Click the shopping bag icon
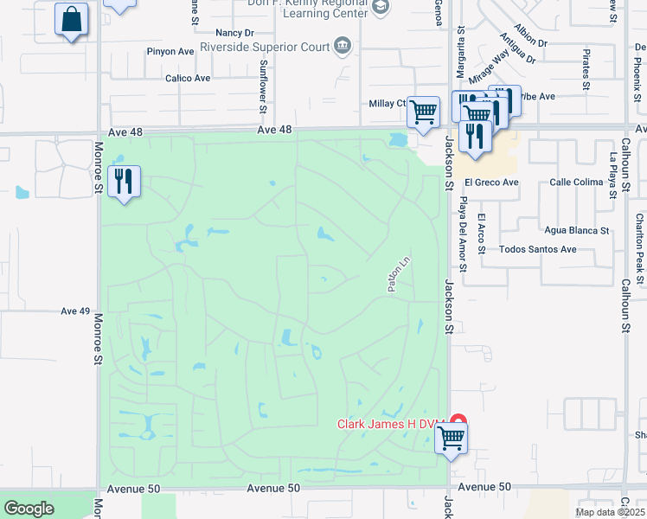pos(72,19)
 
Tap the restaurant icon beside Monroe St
pos(125,182)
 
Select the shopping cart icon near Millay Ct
pos(423,112)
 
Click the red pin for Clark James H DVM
pos(458,424)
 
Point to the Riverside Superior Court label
pos(265,46)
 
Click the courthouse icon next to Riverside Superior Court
pos(343,45)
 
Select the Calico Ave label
pos(189,78)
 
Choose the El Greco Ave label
pos(490,183)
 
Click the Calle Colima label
pos(576,183)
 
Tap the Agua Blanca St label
pos(577,231)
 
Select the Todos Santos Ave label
pos(538,249)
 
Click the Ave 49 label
pos(76,311)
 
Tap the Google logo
pos(29,509)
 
